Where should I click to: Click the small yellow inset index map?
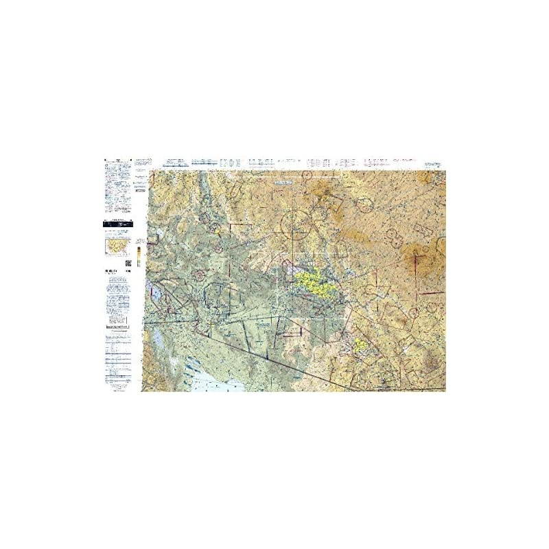tap(117, 245)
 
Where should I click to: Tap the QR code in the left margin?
tap(128, 263)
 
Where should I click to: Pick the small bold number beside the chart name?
tap(129, 274)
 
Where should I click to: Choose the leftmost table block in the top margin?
tap(174, 163)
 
